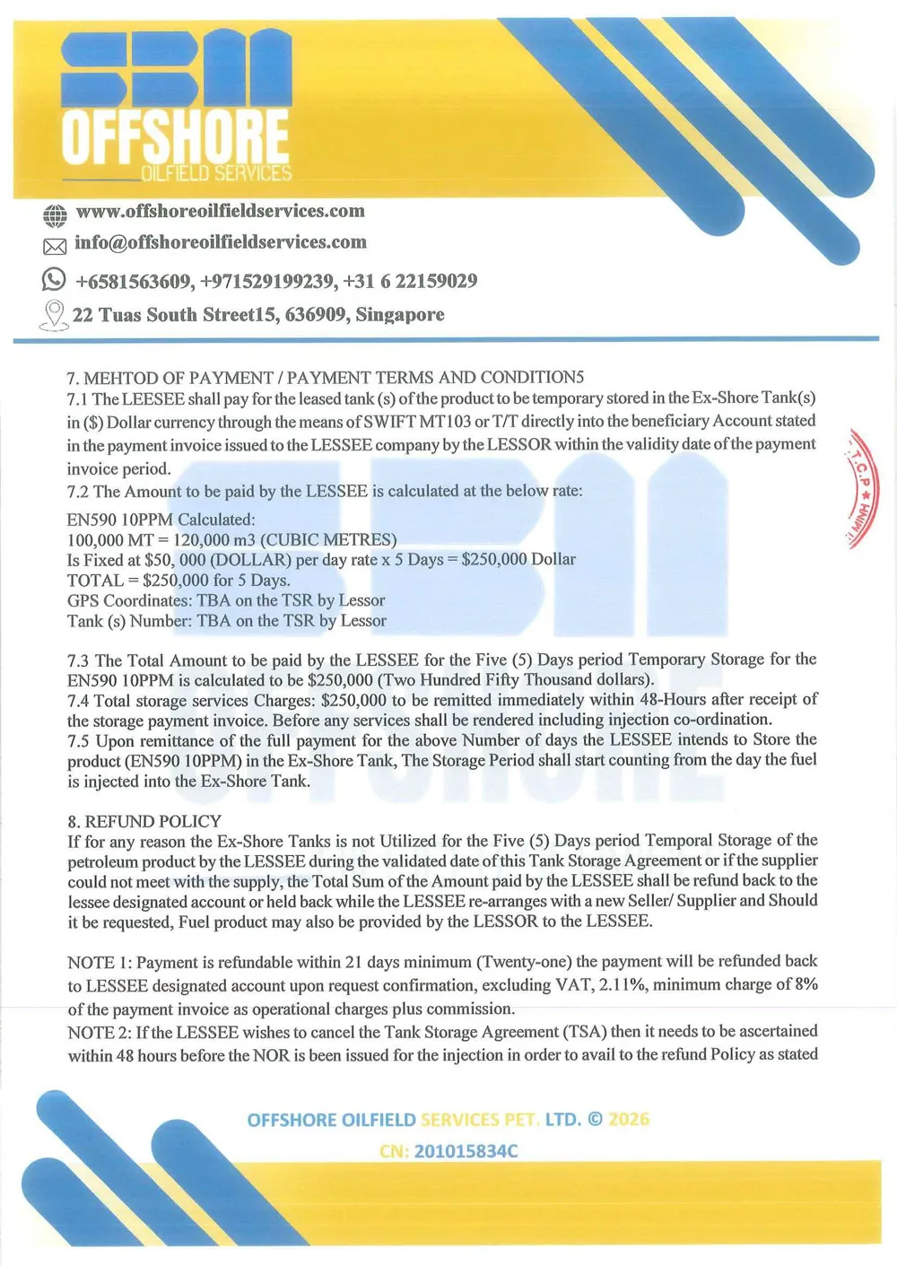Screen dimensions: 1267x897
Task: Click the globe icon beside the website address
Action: point(55,215)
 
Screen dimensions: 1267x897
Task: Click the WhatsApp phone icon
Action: point(54,280)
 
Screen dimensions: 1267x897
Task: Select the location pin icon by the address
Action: point(55,315)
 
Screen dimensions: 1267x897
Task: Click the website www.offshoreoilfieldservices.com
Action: point(220,212)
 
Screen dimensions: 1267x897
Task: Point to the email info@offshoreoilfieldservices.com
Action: point(220,242)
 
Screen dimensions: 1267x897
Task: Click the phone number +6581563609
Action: point(134,282)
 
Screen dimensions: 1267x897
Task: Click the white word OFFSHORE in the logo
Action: point(175,136)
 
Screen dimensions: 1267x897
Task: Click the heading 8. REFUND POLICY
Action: point(144,821)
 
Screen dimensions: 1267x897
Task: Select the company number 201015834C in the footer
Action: point(466,1151)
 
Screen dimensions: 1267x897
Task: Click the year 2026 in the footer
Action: point(629,1120)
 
